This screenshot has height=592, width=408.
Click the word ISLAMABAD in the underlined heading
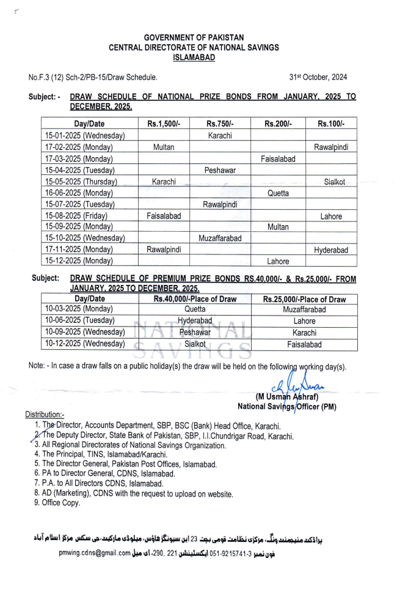coord(194,57)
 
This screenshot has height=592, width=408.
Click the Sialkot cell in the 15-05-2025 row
coord(332,182)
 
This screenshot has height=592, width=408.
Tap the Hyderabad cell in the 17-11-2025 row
coord(332,250)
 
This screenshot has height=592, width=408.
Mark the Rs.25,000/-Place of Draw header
coord(304,299)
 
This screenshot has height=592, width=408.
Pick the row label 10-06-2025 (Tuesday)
coord(80,321)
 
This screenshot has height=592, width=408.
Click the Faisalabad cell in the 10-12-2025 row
coord(304,344)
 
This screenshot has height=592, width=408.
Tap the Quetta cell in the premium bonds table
coord(195,309)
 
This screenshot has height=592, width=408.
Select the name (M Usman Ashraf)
coord(286,397)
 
